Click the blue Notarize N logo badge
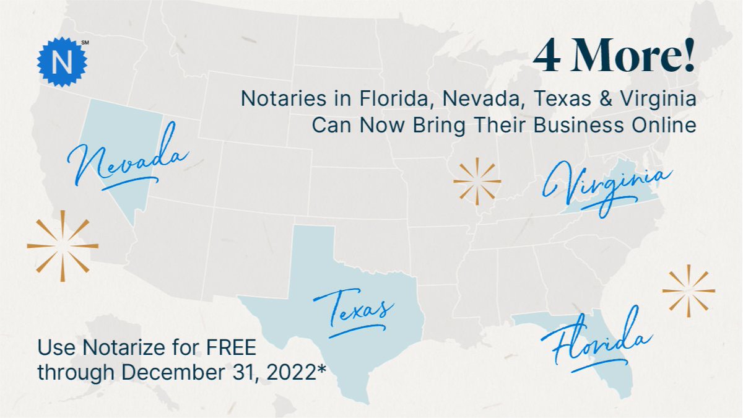62,62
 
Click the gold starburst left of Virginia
477,181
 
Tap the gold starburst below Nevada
63,246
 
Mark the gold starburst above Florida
689,290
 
